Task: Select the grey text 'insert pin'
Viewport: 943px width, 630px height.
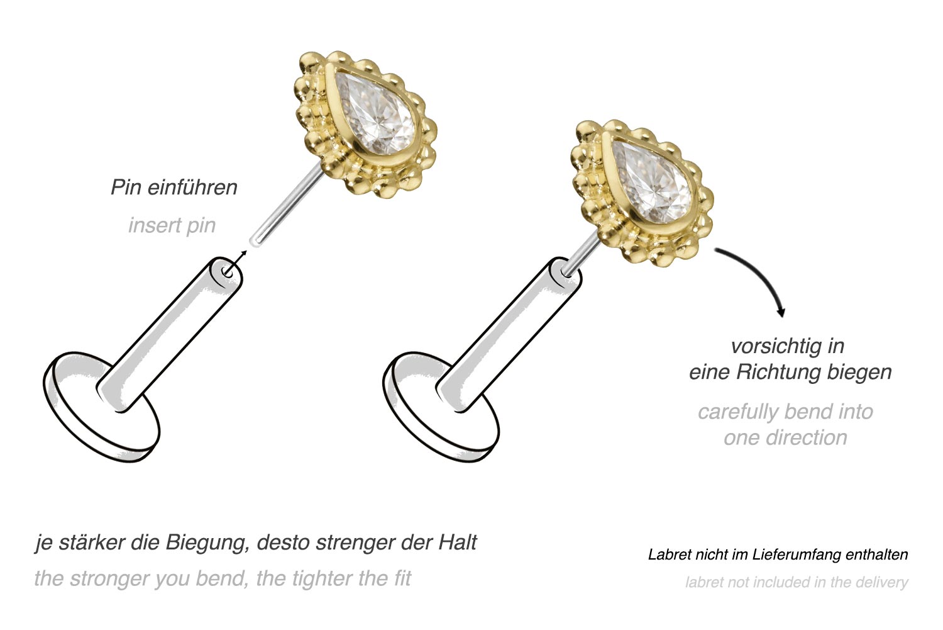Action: point(172,225)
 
